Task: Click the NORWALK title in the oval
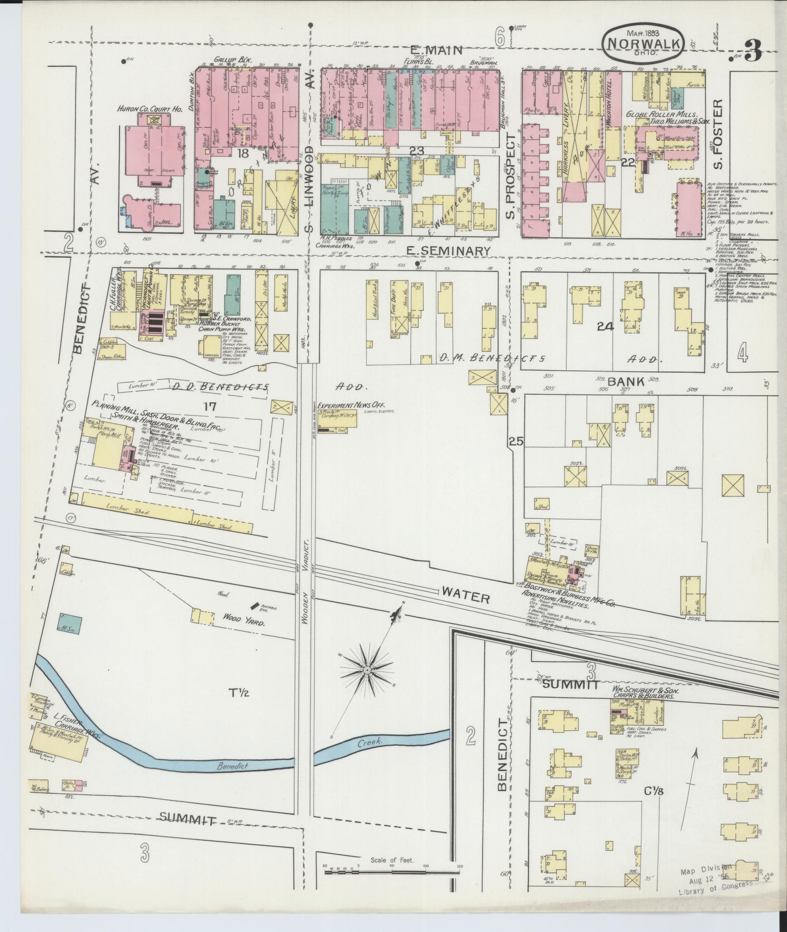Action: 642,43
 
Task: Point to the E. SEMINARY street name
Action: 448,251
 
